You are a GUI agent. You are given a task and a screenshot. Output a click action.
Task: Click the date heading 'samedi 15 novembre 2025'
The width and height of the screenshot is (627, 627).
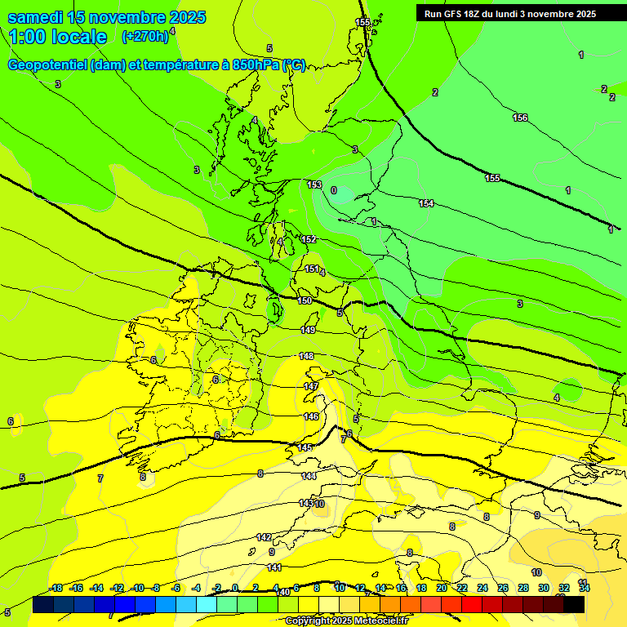(x=106, y=17)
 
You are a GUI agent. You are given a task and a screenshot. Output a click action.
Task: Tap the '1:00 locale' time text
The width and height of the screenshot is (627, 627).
(x=57, y=37)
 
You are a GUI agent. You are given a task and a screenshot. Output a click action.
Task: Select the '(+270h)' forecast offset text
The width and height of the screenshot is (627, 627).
(x=145, y=36)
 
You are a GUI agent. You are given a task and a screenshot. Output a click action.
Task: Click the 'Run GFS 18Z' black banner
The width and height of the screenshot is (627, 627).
(x=510, y=14)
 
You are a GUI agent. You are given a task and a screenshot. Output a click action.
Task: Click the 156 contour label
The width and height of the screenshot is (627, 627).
(x=520, y=118)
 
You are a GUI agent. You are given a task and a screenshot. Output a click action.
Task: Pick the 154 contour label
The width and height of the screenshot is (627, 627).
(x=426, y=203)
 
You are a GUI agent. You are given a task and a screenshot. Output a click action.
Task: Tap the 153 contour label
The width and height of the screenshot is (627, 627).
(x=314, y=185)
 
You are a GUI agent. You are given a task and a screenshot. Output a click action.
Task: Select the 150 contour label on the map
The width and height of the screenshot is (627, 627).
(x=305, y=301)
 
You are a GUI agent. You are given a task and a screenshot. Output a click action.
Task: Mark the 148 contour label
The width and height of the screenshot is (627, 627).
(x=307, y=356)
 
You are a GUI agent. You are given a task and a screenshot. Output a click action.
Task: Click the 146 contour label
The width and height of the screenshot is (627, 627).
(x=311, y=416)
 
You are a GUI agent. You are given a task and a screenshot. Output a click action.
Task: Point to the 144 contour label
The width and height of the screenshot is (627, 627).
(x=309, y=476)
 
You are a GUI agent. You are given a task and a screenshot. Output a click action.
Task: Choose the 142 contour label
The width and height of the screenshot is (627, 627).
(x=264, y=537)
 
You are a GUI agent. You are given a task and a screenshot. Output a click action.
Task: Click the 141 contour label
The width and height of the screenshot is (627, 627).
(x=275, y=567)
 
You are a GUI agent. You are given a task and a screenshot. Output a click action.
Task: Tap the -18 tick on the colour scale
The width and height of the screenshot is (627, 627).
(x=56, y=589)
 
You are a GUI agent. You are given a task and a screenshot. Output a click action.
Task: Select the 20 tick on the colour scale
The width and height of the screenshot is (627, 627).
(x=442, y=589)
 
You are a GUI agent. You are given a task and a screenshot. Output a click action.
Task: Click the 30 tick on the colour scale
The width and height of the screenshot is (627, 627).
(x=544, y=589)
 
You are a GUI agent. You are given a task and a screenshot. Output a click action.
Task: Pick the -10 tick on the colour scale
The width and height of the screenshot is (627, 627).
(x=138, y=589)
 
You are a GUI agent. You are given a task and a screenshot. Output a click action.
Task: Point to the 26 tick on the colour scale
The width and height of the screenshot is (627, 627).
(x=503, y=589)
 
